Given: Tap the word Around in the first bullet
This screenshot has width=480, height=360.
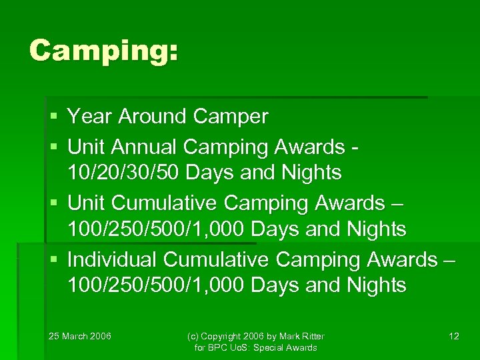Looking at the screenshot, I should pos(153,117).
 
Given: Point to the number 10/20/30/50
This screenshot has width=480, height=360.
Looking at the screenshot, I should pos(124,173).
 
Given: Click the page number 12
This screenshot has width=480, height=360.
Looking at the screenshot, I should pos(453,336).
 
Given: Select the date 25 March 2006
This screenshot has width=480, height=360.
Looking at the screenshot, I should pos(80,336).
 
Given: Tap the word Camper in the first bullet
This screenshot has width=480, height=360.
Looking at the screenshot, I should pos(230,117).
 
